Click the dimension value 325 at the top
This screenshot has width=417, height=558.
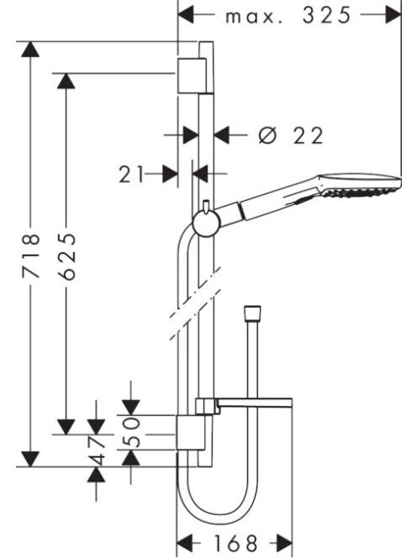point(326,15)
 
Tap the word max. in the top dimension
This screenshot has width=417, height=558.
point(254,17)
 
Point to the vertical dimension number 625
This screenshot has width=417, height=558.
point(66,256)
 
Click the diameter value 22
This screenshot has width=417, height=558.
point(309,135)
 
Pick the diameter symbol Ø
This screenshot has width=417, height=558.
point(267,135)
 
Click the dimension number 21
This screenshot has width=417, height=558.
point(131,175)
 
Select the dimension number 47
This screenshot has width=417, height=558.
point(97,450)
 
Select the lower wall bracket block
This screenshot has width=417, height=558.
point(191,433)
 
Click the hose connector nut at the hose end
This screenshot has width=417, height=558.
point(252,311)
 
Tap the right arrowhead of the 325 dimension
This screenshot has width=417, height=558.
point(393,15)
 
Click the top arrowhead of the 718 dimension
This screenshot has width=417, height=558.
point(30,49)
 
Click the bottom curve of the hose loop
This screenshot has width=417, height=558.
point(216,520)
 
